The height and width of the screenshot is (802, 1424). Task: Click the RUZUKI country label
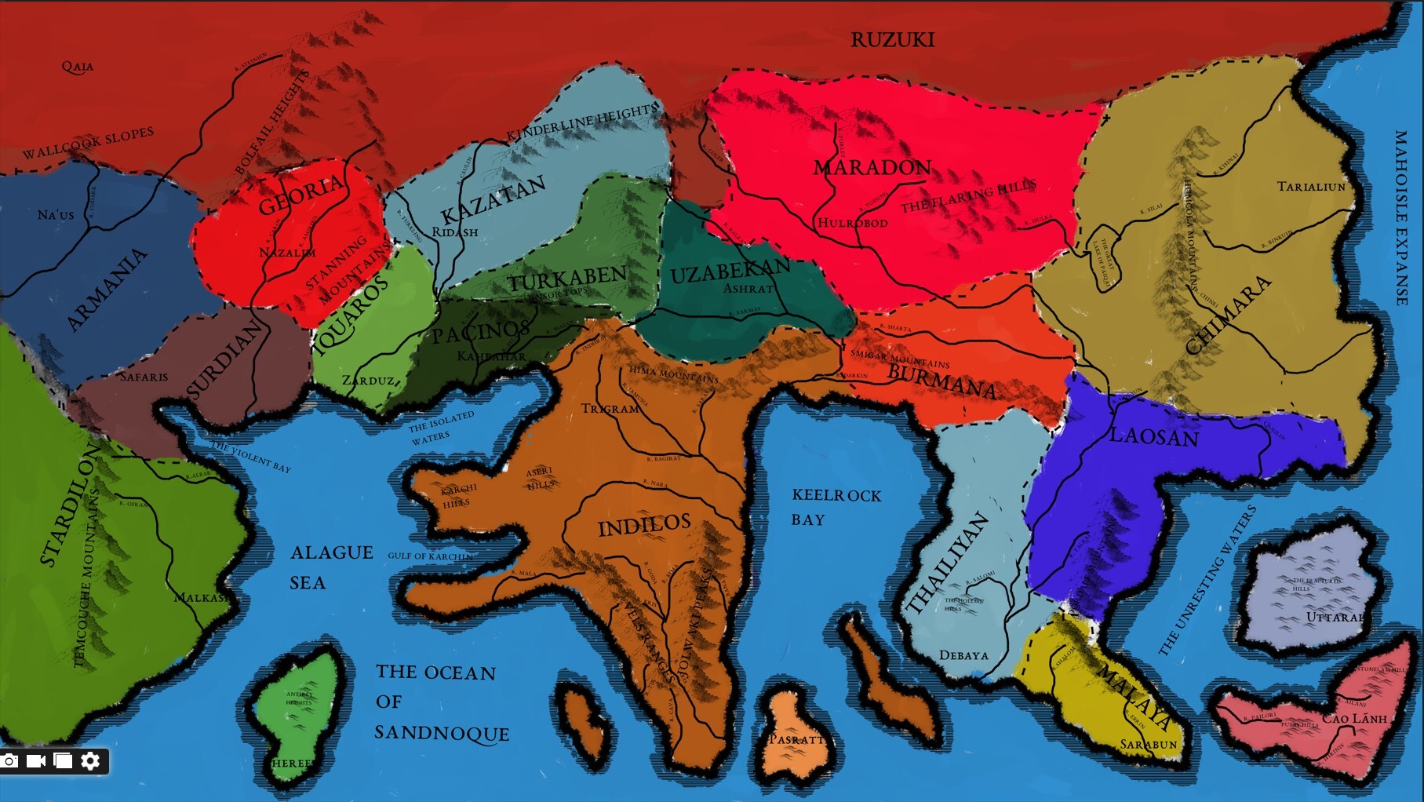tap(892, 39)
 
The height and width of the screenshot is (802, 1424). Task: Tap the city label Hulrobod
tap(852, 223)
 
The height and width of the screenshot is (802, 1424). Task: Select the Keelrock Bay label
tap(836, 507)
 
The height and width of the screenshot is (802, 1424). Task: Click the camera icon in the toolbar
tap(10, 760)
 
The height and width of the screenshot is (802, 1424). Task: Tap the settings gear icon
tap(90, 760)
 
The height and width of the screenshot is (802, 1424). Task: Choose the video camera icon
tap(36, 760)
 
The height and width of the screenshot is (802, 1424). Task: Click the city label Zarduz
tap(368, 380)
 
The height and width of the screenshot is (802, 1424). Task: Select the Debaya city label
tap(963, 655)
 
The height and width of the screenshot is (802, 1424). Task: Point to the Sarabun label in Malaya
tap(1148, 744)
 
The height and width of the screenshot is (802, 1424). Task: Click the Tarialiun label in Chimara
tap(1311, 187)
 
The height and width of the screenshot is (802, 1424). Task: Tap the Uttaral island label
tap(1334, 617)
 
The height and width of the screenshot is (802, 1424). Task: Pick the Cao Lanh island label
tap(1354, 718)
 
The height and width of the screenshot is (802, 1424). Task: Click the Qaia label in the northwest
tap(78, 67)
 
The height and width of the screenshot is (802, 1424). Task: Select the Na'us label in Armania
tap(56, 214)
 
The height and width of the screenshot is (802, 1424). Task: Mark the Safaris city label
tap(144, 377)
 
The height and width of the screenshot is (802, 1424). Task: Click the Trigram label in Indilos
tap(610, 408)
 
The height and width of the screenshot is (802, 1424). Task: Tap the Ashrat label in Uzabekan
tap(748, 288)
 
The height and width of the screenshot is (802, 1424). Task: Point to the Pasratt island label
tap(796, 739)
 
